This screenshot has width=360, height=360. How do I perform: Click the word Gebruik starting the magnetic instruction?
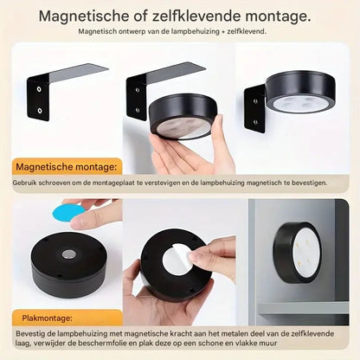click(x=26, y=183)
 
